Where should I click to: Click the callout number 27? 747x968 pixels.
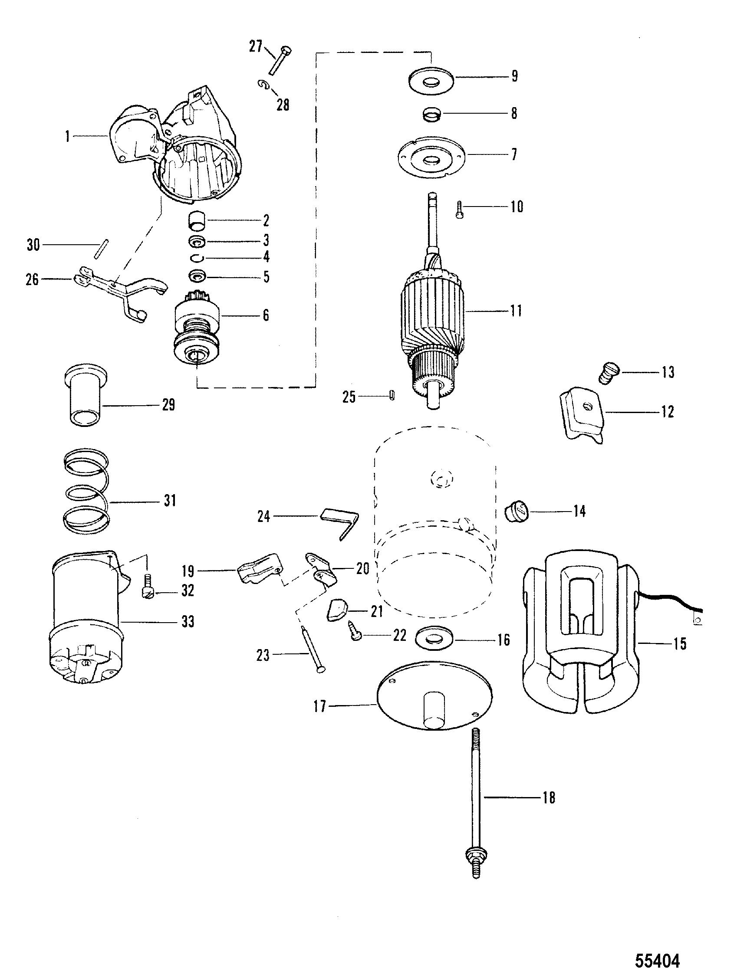tap(256, 46)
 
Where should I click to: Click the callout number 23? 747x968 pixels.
tap(263, 655)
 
